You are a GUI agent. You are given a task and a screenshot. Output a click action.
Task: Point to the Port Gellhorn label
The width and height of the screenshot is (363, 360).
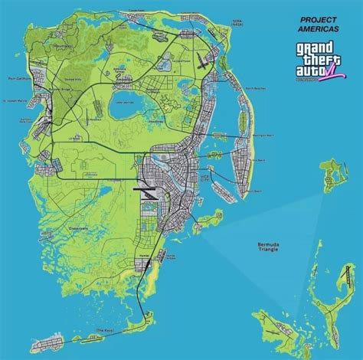coord(18,78)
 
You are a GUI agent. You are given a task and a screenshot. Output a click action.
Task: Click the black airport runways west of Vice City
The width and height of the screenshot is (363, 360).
coord(147,188)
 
